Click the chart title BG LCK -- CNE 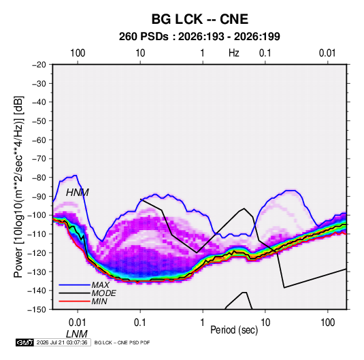coord(200,19)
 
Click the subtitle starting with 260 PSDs coord(199,37)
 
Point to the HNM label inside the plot coord(78,193)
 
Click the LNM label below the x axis coord(77,334)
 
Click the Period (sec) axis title coord(234,330)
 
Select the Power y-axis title coord(18,187)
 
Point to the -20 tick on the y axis coord(39,65)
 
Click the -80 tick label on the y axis coord(39,178)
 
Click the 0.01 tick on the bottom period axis coord(78,323)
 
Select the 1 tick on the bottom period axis coord(203,323)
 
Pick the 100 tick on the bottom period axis coord(328,323)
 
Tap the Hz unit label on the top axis coord(234,53)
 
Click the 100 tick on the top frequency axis coord(78,53)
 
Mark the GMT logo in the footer coord(25,342)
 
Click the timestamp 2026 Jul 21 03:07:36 coord(62,342)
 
